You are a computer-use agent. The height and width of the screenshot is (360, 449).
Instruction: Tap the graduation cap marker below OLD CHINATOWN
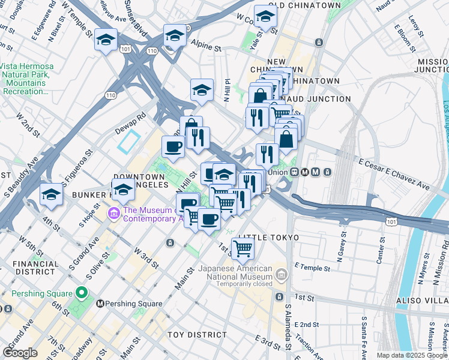tap(265, 18)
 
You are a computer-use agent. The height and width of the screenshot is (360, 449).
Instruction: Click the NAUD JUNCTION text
tap(321, 99)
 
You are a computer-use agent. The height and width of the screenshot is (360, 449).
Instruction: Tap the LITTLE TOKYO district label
tap(268, 238)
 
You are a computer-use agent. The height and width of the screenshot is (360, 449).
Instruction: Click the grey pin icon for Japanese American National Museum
tap(280, 276)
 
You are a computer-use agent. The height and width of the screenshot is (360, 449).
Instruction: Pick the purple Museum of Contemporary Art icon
tap(113, 214)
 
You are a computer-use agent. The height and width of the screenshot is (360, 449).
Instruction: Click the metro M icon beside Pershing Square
tap(100, 304)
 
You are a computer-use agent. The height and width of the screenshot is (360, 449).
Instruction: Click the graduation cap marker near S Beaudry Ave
tap(51, 195)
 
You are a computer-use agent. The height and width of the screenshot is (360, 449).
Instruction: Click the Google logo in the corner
tap(20, 353)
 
